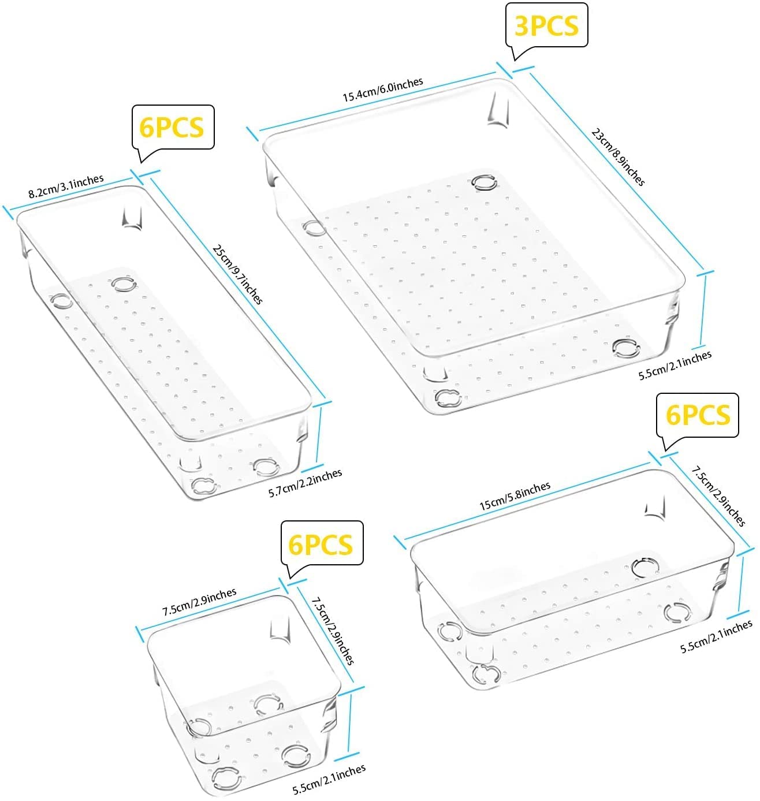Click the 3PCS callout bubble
[546, 25]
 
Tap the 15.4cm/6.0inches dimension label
[382, 90]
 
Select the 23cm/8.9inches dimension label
[617, 157]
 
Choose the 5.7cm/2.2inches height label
[305, 483]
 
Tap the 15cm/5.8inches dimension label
[515, 496]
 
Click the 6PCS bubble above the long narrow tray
[172, 127]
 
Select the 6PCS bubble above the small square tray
[321, 543]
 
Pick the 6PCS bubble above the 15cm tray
[698, 415]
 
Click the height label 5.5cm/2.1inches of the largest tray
[675, 365]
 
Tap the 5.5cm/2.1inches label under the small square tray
[329, 780]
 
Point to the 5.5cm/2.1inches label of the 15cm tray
[716, 636]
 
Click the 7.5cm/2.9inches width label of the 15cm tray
[718, 496]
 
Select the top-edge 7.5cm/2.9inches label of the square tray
[199, 602]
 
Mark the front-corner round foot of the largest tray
[448, 398]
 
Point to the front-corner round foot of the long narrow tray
[204, 485]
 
